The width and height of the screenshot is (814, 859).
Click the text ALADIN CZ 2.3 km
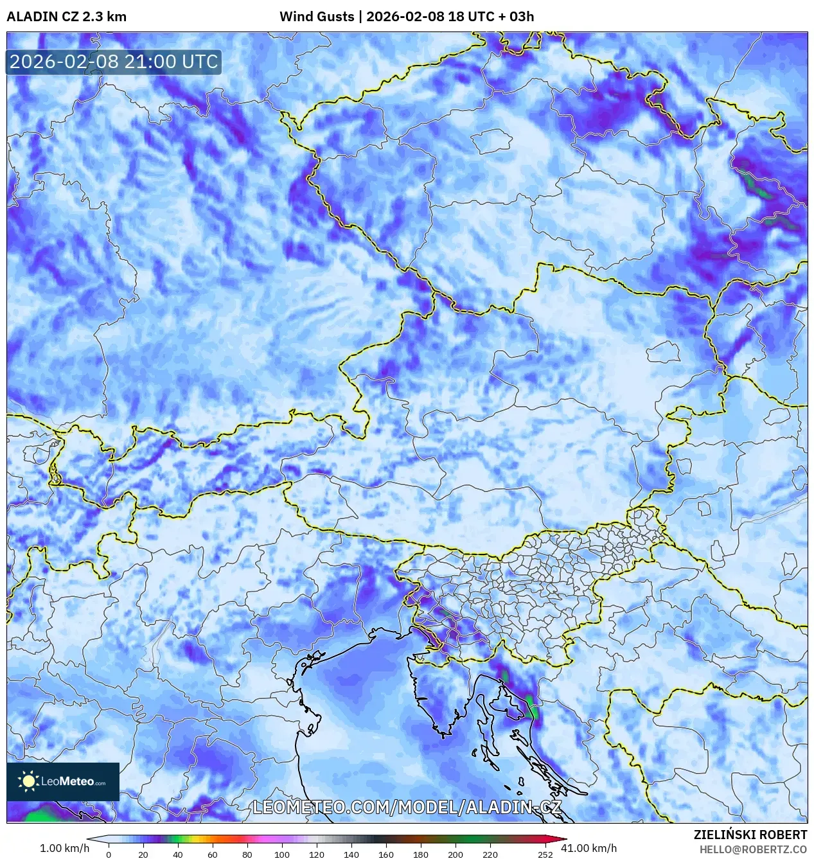click(66, 17)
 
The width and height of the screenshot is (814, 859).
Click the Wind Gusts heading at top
click(317, 17)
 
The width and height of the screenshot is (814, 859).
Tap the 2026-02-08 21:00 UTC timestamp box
click(114, 62)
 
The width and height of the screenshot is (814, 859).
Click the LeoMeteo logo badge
click(63, 781)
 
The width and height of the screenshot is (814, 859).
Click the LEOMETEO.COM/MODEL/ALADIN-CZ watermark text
click(407, 807)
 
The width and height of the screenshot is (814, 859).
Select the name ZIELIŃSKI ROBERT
click(750, 835)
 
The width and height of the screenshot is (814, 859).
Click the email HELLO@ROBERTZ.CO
click(753, 849)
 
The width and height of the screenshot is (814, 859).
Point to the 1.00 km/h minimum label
click(64, 848)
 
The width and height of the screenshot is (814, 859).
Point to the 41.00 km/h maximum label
click(588, 848)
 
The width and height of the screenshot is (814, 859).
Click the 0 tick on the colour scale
click(109, 855)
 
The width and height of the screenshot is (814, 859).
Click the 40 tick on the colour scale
click(178, 855)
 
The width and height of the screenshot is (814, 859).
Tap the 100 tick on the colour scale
click(282, 855)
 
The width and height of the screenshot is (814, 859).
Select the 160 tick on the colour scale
click(386, 855)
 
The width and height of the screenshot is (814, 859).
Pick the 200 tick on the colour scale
click(456, 855)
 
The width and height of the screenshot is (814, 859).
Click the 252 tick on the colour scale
click(545, 855)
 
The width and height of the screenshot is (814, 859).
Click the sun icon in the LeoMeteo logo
click(28, 781)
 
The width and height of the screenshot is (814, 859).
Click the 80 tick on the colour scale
click(247, 855)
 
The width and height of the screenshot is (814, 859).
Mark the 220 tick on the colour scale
click(490, 855)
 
